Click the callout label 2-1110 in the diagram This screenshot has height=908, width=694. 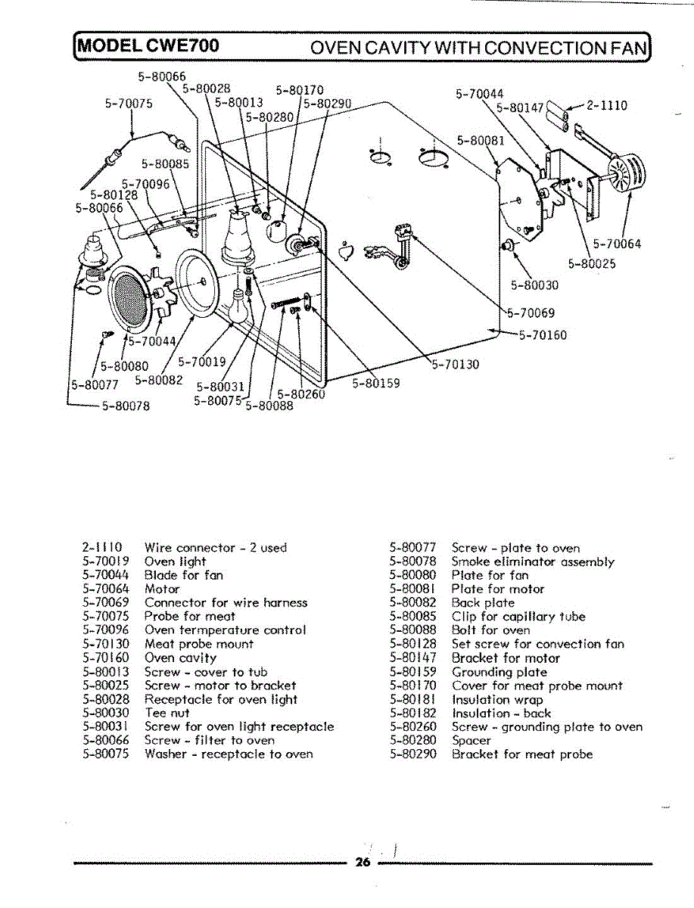(606, 106)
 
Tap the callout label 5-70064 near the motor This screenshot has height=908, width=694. (617, 244)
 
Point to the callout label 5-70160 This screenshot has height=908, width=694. (543, 335)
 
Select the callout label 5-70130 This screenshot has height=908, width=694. (456, 365)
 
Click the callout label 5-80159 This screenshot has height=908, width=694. (376, 383)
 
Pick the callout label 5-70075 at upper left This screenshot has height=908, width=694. (129, 104)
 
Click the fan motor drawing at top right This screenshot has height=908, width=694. (622, 176)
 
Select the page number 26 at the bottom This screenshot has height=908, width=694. (363, 863)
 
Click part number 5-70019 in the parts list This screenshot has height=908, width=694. (106, 561)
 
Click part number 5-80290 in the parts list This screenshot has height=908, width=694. (413, 754)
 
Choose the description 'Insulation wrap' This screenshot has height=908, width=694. (497, 699)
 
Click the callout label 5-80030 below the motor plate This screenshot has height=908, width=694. (535, 285)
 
